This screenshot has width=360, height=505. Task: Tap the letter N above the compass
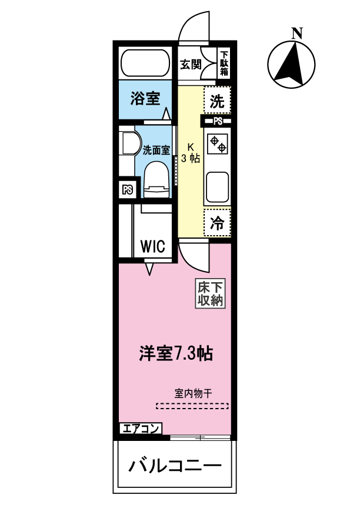[298, 34]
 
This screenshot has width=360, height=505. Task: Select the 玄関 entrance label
[191, 64]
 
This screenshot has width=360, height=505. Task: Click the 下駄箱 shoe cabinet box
[224, 63]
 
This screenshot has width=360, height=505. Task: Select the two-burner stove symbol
[217, 145]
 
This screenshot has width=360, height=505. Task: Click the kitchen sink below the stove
[217, 186]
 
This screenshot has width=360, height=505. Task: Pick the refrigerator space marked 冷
[217, 223]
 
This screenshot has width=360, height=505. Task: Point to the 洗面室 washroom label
[156, 150]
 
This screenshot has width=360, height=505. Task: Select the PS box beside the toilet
[127, 190]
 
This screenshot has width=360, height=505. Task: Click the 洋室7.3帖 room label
[175, 354]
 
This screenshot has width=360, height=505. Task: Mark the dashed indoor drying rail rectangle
[192, 405]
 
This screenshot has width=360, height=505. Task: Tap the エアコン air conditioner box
[140, 429]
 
